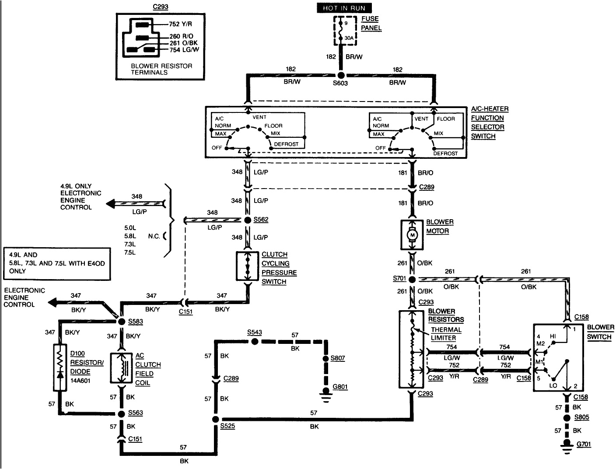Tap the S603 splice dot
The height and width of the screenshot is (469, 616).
click(340, 75)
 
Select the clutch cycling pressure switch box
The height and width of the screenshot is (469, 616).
click(248, 266)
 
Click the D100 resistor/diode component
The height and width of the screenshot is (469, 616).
click(59, 367)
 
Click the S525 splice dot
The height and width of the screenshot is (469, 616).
click(215, 419)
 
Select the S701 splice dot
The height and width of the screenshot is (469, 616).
click(412, 279)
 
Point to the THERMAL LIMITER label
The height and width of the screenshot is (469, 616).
click(446, 334)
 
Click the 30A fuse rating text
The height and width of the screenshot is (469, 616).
click(349, 38)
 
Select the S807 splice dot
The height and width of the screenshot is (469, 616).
click(325, 359)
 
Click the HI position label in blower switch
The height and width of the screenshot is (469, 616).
click(553, 336)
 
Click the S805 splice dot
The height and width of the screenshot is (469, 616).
click(567, 418)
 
